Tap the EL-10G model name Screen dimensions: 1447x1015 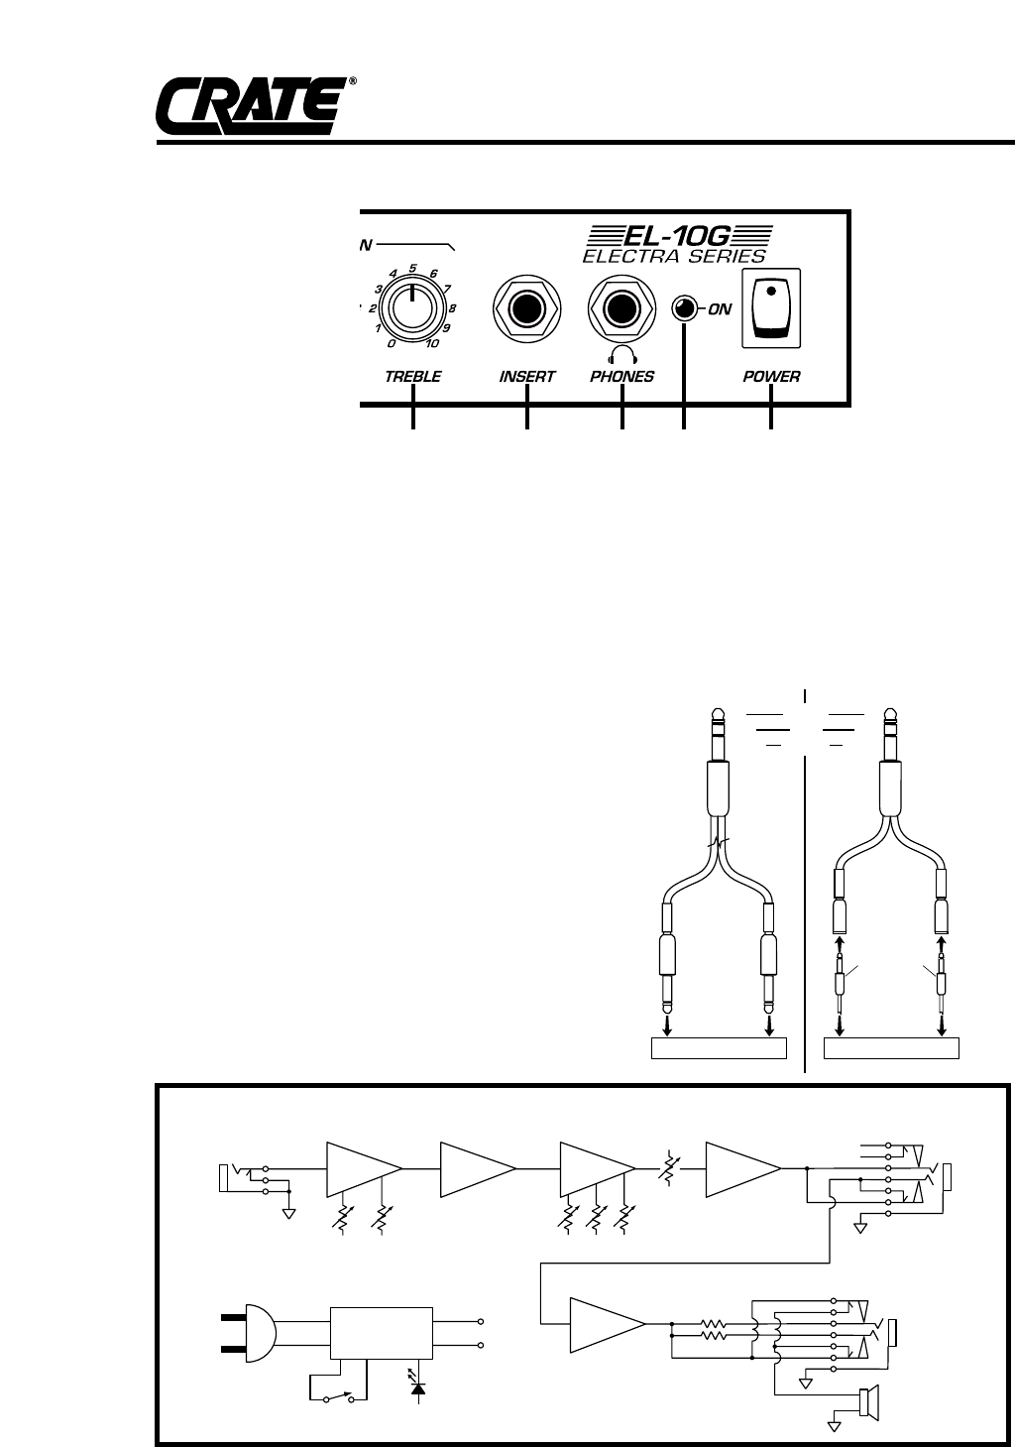[x=677, y=236]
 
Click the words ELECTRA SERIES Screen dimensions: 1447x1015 [x=674, y=256]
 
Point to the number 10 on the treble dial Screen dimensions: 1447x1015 [x=432, y=344]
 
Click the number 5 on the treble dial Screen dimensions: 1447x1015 [x=412, y=268]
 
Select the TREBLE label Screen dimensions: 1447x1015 [x=412, y=377]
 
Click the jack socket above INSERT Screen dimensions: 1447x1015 [x=527, y=308]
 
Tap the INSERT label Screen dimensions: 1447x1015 [x=527, y=377]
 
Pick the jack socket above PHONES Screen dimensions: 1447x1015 [x=622, y=308]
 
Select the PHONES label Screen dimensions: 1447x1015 [x=622, y=377]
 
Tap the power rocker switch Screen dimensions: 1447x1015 [x=771, y=308]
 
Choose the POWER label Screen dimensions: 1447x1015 [x=771, y=377]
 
